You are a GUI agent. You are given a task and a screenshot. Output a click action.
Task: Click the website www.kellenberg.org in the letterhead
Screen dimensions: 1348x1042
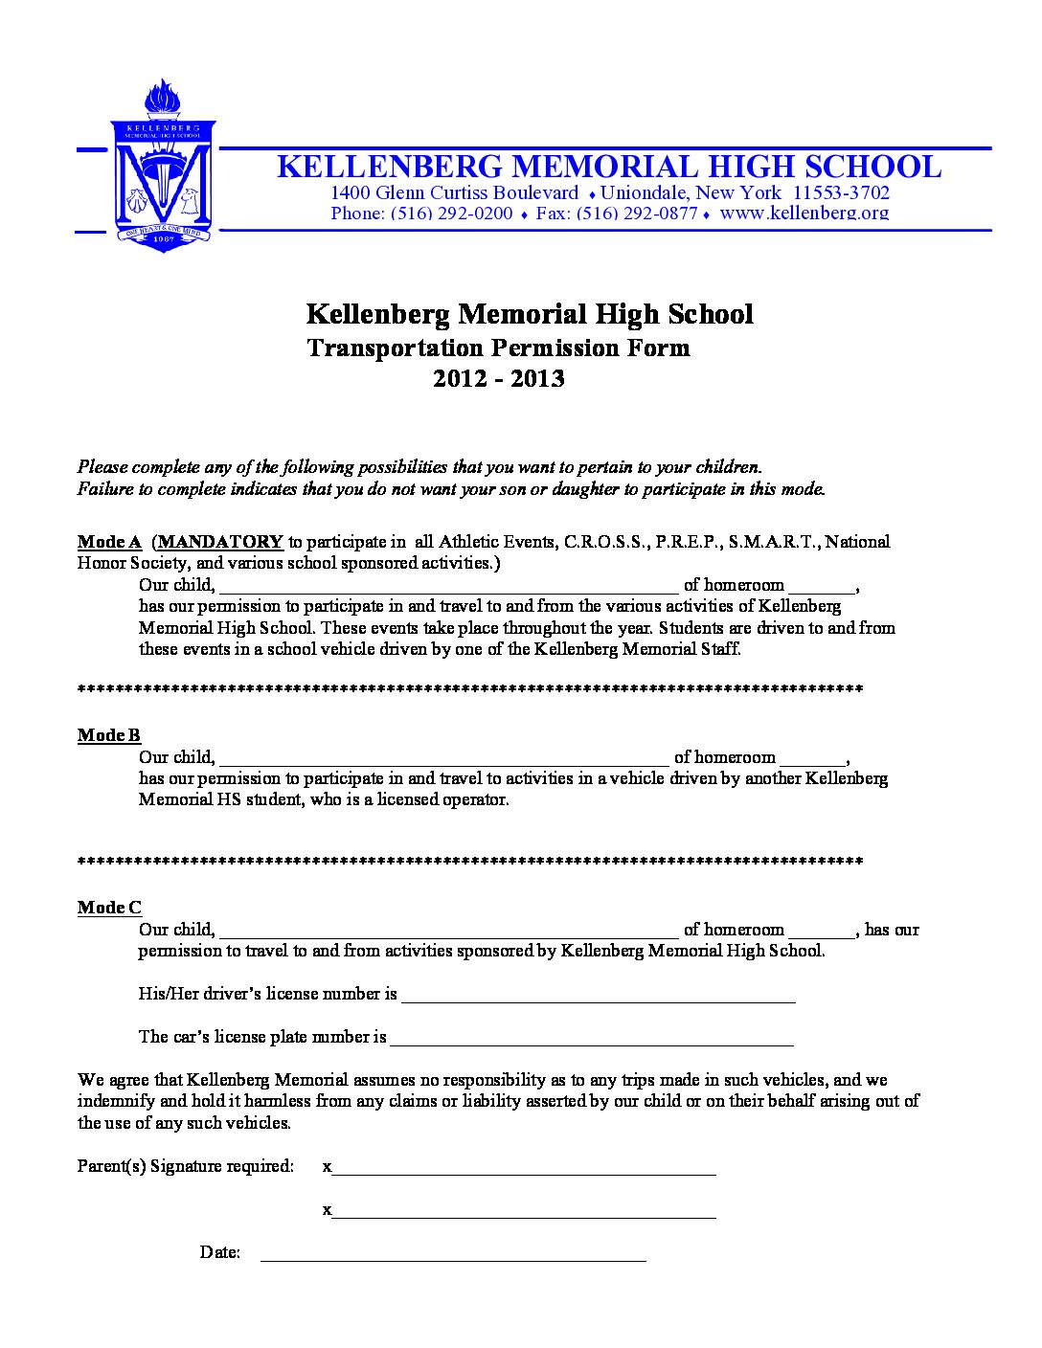(x=804, y=213)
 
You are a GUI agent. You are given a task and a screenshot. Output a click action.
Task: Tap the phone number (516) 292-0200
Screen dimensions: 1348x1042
(x=450, y=213)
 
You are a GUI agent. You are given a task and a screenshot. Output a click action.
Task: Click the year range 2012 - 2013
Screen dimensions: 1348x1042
(x=498, y=379)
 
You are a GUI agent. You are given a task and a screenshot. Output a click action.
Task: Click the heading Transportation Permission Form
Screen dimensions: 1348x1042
(x=498, y=348)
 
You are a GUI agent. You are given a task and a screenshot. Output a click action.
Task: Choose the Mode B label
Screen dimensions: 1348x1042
(x=109, y=735)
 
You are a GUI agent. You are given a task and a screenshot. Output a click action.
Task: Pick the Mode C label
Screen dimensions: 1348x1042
(x=109, y=908)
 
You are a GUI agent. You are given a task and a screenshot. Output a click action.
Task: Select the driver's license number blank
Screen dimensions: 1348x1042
(x=599, y=997)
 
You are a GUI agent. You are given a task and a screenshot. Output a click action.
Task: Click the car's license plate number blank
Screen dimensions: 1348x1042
(x=592, y=1040)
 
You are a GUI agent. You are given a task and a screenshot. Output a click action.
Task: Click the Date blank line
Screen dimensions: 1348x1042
(x=453, y=1255)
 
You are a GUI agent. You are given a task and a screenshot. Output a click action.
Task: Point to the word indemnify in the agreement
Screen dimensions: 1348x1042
(x=116, y=1101)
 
